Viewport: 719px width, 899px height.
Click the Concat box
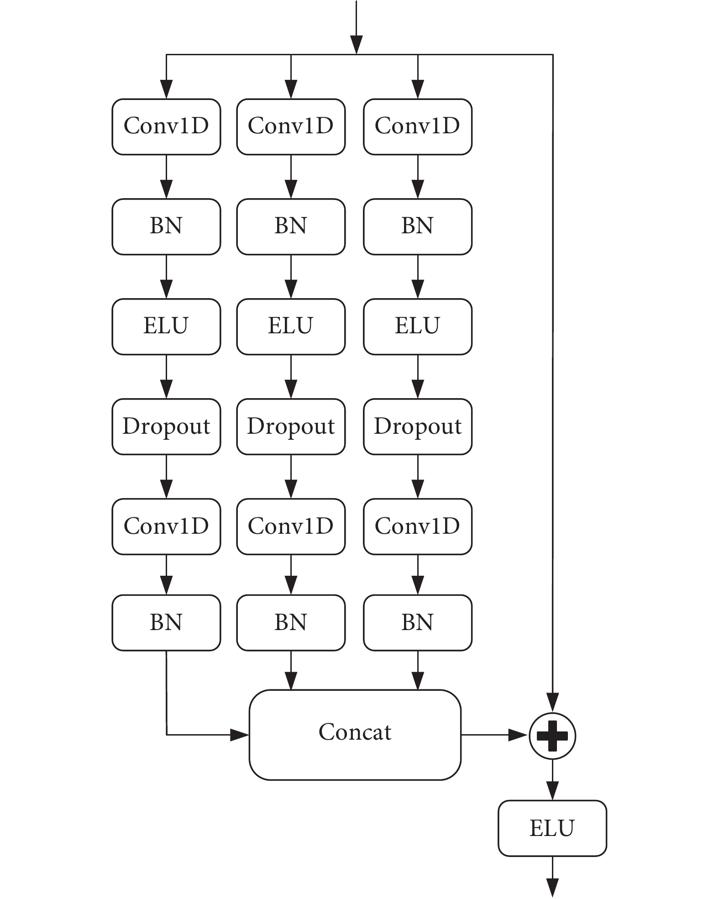click(355, 735)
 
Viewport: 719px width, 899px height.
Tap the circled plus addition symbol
click(552, 736)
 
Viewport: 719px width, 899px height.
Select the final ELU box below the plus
click(552, 828)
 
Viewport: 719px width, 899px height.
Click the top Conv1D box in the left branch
click(166, 126)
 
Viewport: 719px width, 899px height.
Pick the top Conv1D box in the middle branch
click(291, 126)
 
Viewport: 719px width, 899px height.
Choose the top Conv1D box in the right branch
click(418, 126)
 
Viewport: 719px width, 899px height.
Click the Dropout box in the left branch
click(166, 426)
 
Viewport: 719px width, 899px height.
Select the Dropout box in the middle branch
click(291, 426)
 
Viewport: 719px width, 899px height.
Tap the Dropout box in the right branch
click(418, 426)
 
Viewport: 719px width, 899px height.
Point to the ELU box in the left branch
click(166, 326)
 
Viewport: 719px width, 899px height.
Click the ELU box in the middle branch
click(291, 326)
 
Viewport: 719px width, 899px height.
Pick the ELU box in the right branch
click(418, 326)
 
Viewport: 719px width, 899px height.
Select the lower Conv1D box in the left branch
click(166, 526)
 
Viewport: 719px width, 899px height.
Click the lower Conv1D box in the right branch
click(418, 526)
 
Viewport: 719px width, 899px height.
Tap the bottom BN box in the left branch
click(166, 623)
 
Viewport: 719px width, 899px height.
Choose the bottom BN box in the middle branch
click(291, 623)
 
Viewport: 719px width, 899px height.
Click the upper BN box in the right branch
click(418, 226)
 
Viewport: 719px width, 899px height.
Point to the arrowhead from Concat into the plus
click(519, 735)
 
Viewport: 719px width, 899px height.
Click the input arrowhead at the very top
click(356, 45)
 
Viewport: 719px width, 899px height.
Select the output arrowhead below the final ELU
click(552, 888)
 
